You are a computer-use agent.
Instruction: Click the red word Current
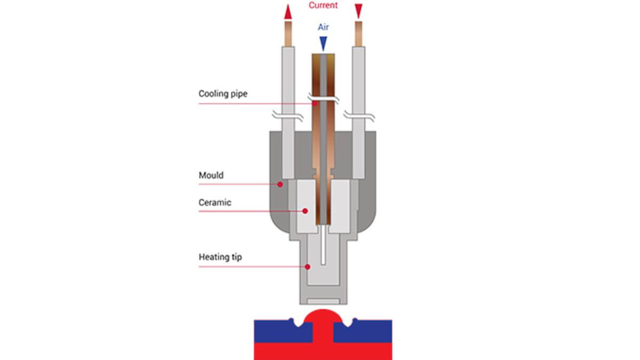[x=323, y=5]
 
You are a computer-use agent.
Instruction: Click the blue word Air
[x=323, y=27]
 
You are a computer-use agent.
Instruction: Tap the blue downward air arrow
[x=323, y=44]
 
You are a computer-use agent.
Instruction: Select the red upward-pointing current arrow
[x=288, y=12]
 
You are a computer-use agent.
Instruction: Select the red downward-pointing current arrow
[x=358, y=11]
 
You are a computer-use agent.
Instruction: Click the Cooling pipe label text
[x=223, y=94]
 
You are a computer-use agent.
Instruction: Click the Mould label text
[x=211, y=175]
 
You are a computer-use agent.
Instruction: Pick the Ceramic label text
[x=215, y=203]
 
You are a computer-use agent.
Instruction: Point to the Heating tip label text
[x=220, y=257]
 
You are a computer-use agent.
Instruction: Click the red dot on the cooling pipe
[x=315, y=103]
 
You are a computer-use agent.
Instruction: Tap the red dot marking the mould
[x=280, y=185]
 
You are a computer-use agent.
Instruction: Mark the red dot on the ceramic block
[x=305, y=211]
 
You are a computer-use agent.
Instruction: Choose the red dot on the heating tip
[x=307, y=267]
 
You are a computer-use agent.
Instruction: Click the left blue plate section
[x=283, y=331]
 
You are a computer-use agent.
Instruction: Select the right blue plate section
[x=363, y=331]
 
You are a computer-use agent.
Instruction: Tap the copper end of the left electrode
[x=289, y=34]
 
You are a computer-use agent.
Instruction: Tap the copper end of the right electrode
[x=358, y=34]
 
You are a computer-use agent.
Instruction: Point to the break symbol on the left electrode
[x=287, y=116]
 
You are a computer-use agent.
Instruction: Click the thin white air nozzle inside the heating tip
[x=323, y=245]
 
